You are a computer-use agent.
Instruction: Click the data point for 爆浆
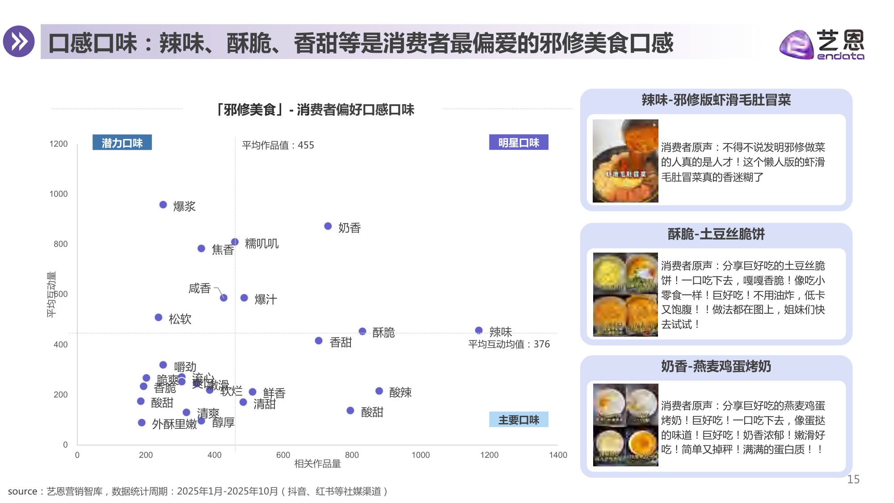[163, 205]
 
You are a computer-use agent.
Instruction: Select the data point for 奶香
[328, 226]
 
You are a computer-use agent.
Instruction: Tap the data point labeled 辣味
[479, 330]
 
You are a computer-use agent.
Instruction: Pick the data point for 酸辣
[379, 391]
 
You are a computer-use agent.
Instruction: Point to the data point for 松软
[158, 317]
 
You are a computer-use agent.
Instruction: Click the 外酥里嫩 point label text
[174, 424]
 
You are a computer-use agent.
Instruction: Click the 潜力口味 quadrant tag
[122, 143]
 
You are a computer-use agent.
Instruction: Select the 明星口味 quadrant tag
[519, 143]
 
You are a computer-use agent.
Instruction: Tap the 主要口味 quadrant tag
[519, 420]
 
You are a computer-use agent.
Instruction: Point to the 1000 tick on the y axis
[59, 194]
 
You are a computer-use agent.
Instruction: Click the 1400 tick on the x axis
[558, 455]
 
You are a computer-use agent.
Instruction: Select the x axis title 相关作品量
[317, 464]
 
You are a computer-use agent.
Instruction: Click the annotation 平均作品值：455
[278, 145]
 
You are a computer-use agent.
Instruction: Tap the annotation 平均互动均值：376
[509, 344]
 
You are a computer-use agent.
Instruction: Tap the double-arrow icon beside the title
[19, 42]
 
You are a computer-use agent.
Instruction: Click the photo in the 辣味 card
[625, 161]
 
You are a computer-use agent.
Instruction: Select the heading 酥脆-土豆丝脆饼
[716, 234]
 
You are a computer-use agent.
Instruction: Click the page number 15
[853, 479]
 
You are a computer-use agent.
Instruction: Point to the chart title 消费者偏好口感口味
[315, 110]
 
